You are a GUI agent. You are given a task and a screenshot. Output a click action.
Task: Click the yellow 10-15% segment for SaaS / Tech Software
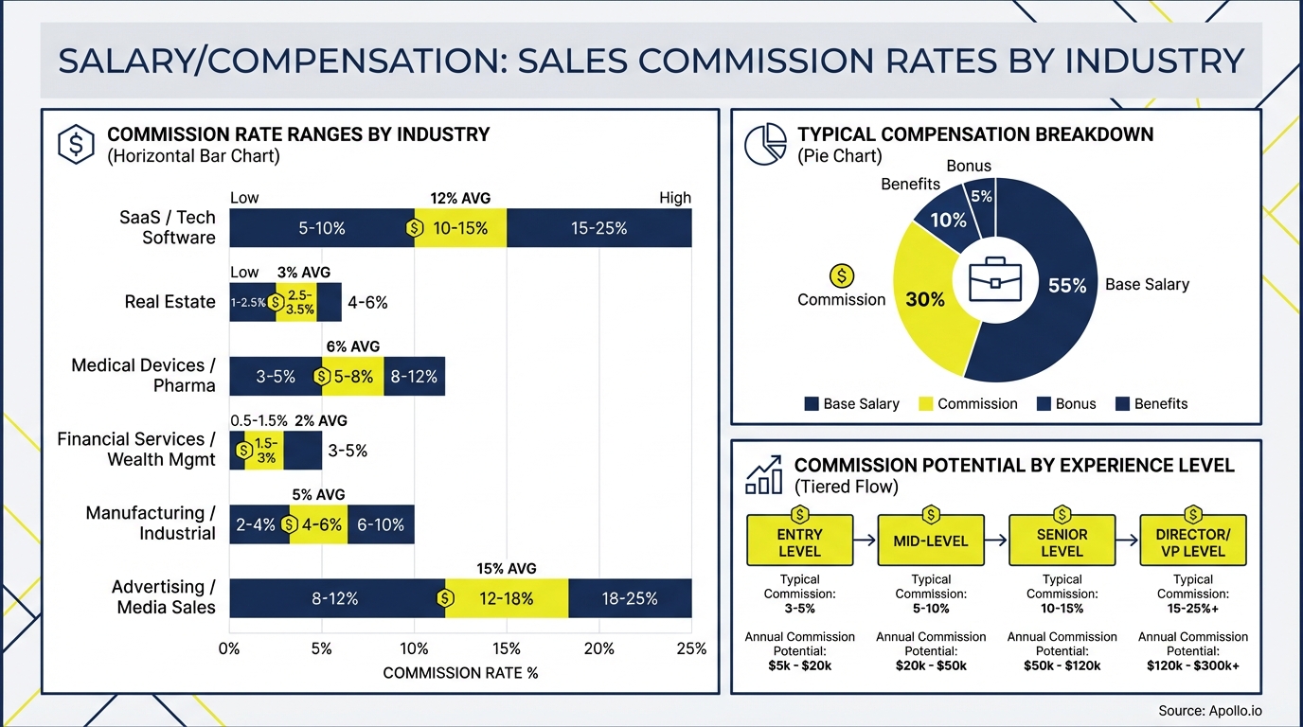click(461, 228)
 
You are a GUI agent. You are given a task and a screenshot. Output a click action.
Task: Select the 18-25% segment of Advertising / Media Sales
click(630, 598)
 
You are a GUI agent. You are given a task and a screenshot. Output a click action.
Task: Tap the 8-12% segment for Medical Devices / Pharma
click(414, 376)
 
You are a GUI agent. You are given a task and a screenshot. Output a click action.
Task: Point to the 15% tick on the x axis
click(507, 648)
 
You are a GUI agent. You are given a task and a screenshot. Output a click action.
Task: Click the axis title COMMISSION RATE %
click(460, 673)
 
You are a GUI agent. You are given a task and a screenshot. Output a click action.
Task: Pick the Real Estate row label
click(170, 302)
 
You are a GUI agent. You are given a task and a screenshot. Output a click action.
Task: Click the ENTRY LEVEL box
click(799, 541)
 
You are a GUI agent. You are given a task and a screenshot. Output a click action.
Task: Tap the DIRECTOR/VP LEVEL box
click(1193, 541)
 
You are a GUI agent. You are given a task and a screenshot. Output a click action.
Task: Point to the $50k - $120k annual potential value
click(1062, 665)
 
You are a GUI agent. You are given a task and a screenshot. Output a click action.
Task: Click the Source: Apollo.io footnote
click(1209, 710)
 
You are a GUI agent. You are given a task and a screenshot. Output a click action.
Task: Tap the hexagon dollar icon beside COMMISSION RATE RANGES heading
click(76, 144)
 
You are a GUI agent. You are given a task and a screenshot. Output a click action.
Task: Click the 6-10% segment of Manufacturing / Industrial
click(381, 524)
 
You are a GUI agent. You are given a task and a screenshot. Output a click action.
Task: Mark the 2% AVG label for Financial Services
click(321, 420)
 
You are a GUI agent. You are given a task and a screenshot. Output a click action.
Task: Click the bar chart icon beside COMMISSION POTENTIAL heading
click(763, 474)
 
